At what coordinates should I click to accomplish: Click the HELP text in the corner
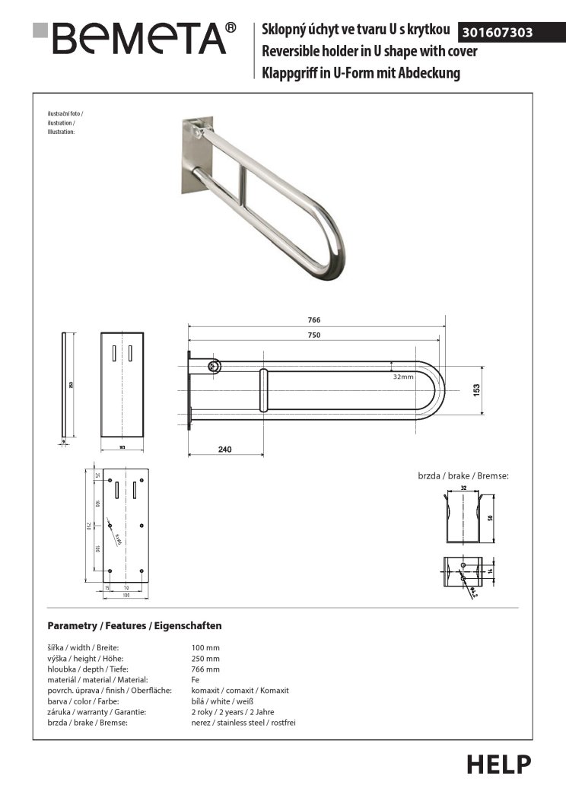[499, 764]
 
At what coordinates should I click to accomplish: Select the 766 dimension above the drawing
[313, 320]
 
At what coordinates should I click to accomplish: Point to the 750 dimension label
[313, 335]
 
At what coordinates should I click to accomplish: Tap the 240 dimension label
[224, 450]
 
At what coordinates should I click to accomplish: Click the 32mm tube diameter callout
[403, 377]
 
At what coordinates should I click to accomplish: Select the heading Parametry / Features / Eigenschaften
[134, 626]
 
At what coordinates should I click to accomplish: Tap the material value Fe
[196, 679]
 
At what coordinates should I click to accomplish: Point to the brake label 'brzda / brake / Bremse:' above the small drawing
[463, 475]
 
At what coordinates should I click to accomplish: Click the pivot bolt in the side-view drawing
[215, 367]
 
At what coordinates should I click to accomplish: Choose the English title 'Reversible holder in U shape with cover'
[369, 52]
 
